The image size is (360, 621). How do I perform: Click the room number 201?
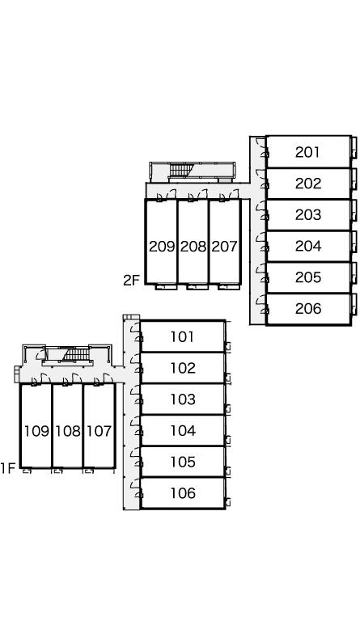(x=307, y=152)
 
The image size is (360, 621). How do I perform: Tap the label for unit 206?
(x=307, y=309)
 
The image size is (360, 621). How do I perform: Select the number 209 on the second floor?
(x=162, y=247)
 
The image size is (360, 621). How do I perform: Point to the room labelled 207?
(x=224, y=247)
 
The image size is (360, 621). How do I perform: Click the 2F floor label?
(x=132, y=281)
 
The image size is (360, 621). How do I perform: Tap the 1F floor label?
(x=8, y=468)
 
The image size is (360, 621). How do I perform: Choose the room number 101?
(x=183, y=337)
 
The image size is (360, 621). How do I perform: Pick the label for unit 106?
(x=183, y=493)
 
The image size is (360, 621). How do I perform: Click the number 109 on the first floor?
(x=36, y=431)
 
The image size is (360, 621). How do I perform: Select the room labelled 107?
(x=99, y=431)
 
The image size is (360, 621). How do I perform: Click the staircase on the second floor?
(x=180, y=170)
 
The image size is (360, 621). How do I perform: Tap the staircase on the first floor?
(x=76, y=354)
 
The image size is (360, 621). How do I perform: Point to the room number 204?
(x=307, y=247)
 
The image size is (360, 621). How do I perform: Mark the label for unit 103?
(x=183, y=399)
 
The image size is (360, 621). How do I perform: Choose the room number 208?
(x=193, y=247)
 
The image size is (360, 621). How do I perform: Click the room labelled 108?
(x=68, y=431)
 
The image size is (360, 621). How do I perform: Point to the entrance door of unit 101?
(x=136, y=332)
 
